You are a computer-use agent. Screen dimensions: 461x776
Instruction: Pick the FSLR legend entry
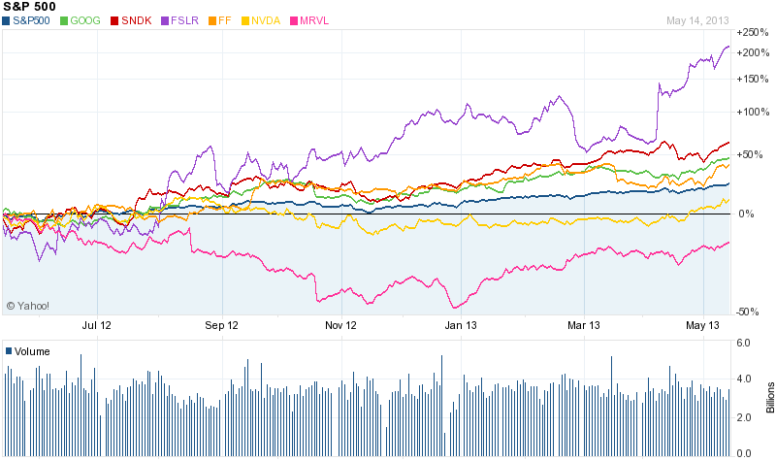[x=184, y=19]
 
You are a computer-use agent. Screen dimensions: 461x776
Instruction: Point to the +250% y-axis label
[x=753, y=32]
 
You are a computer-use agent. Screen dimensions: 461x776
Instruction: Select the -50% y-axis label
[x=748, y=312]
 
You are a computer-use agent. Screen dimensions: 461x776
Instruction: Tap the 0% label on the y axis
[x=746, y=214]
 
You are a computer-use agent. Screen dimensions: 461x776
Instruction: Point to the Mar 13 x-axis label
[x=584, y=326]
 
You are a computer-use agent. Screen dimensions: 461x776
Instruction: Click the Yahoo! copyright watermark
[x=27, y=306]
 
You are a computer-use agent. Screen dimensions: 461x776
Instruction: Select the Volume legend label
[x=31, y=351]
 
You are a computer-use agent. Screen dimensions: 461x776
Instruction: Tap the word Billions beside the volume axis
[x=769, y=397]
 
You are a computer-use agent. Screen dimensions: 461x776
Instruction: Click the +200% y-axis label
[x=753, y=51]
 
